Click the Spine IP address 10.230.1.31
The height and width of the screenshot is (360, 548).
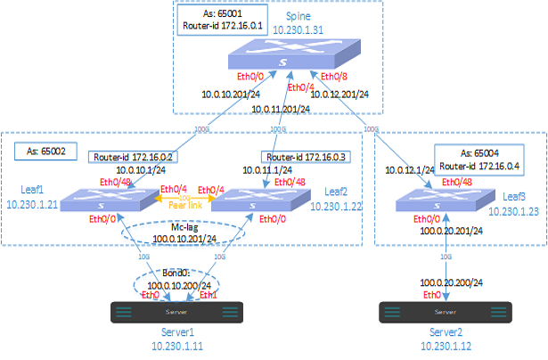pyautogui.click(x=298, y=29)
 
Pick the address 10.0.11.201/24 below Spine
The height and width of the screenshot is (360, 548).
pyautogui.click(x=281, y=109)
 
